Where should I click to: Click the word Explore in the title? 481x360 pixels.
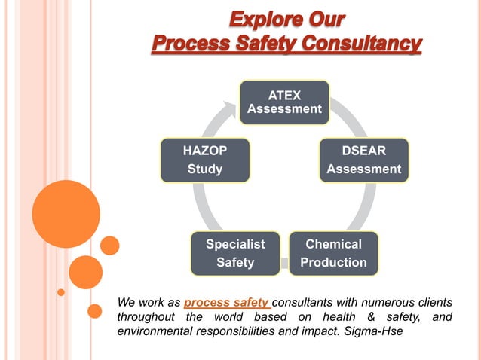point(263,17)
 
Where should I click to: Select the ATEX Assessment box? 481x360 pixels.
point(284,102)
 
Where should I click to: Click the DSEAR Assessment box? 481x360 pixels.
point(363,160)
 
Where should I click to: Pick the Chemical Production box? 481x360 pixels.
point(333,253)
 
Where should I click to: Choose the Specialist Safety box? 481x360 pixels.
point(235,253)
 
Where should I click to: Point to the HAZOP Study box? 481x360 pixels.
point(204,160)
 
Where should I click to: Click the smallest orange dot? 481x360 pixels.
point(61,291)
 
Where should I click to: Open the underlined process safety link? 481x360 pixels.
point(216,303)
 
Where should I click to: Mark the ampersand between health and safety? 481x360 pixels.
point(367,317)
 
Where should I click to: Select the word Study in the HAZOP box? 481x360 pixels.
point(204,169)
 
